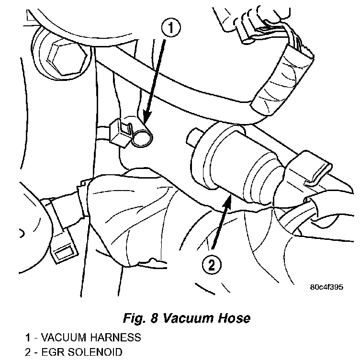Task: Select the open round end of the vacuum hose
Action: coord(142,139)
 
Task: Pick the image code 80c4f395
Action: coord(326,287)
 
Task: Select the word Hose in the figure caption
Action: coord(235,318)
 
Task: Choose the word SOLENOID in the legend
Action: coord(95,353)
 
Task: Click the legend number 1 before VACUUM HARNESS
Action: coord(28,338)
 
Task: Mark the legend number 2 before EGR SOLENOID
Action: coord(28,353)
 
